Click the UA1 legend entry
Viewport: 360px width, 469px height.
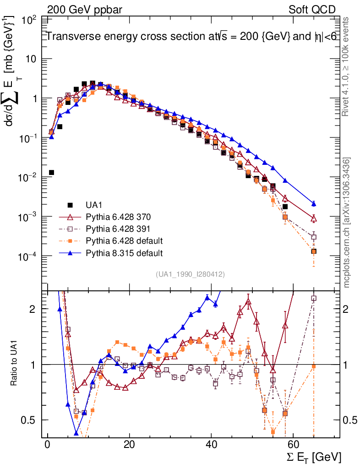click(94, 205)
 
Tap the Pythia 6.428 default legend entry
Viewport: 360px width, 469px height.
click(125, 240)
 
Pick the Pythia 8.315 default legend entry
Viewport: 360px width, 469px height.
click(125, 252)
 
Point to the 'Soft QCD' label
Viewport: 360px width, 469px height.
click(312, 10)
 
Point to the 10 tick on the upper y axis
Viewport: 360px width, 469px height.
click(32, 60)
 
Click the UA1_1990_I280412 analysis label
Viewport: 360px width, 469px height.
click(190, 274)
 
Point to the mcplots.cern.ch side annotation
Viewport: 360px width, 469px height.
click(347, 222)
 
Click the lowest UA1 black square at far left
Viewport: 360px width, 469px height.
click(52, 172)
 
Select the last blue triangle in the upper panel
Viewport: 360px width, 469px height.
click(314, 203)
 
